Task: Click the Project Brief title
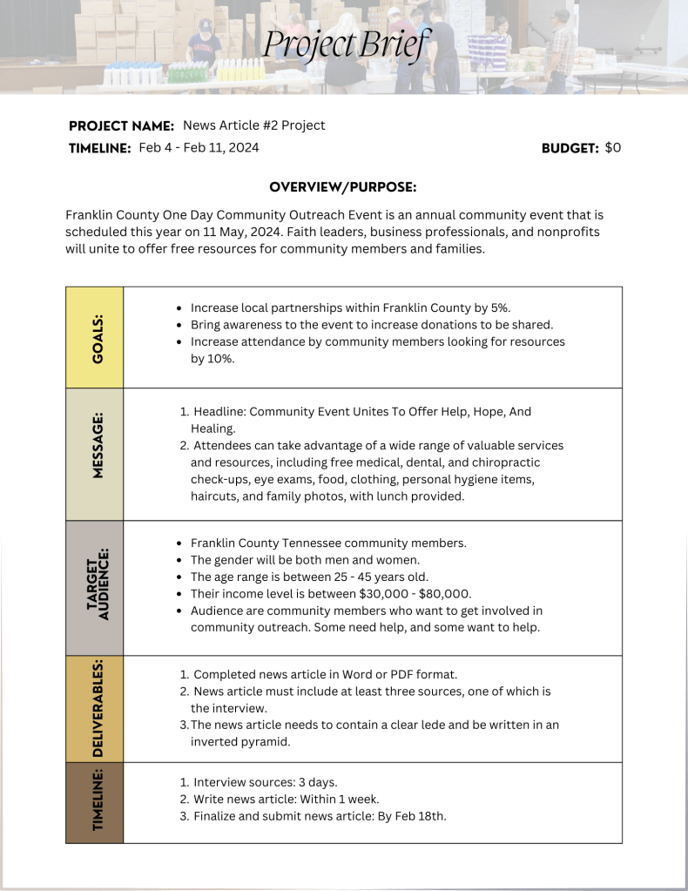(x=346, y=43)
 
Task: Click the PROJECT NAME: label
(x=121, y=126)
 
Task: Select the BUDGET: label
(x=570, y=149)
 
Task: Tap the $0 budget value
(x=613, y=148)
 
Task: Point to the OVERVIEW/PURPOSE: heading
(x=343, y=187)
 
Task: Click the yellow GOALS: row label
(x=95, y=338)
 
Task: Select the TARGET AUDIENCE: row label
(x=95, y=588)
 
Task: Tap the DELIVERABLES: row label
(x=95, y=709)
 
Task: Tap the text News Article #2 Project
(x=254, y=125)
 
